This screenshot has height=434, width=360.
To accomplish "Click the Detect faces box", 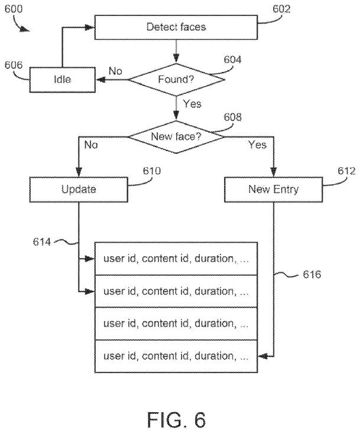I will pos(176,27).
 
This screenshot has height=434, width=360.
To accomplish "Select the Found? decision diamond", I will pos(176,79).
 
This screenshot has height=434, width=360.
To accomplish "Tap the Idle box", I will pos(62,79).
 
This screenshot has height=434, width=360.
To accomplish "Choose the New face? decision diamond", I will pos(176,136).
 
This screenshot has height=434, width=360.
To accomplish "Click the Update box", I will pos(78,190).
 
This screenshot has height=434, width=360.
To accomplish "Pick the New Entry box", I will pos(274,190).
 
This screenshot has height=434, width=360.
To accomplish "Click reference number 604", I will pos(233,59).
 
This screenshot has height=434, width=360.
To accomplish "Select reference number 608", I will pos(232,117).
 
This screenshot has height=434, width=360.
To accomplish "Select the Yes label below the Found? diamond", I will pos(192,104).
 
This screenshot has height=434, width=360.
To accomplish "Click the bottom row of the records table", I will pos(176,356).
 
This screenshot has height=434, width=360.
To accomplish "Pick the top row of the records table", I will pos(176,258).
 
